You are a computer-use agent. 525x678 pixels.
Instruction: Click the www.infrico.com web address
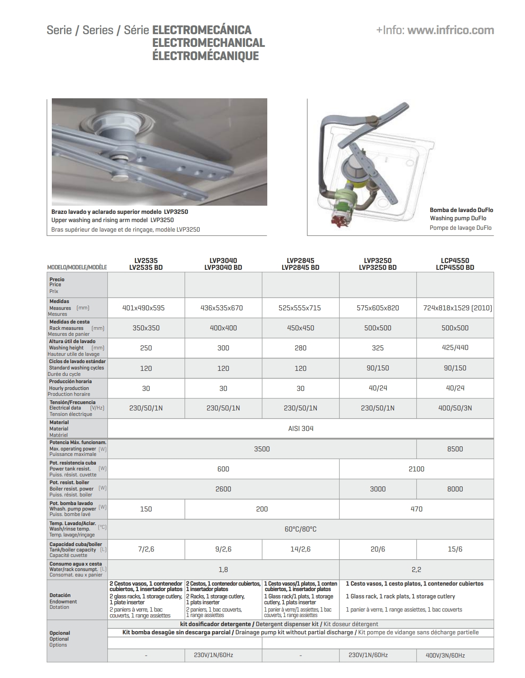tap(450, 30)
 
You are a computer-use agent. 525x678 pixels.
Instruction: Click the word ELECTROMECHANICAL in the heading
tap(209, 43)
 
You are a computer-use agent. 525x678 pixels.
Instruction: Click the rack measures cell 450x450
tap(300, 328)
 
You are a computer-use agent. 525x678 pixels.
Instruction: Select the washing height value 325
tap(378, 348)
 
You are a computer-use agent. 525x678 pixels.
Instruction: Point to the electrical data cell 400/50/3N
tap(455, 408)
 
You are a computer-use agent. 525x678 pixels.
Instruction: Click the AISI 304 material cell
tap(300, 428)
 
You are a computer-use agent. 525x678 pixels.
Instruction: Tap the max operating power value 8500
tap(455, 449)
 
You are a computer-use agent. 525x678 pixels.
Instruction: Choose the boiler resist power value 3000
tap(378, 489)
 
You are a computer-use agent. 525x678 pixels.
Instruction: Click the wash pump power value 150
tap(146, 509)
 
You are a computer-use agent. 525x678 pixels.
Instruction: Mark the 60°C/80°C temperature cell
tap(300, 529)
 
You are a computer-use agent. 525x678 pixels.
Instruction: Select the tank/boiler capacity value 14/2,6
tap(300, 549)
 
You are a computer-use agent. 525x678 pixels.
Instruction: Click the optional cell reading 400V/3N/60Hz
tap(445, 655)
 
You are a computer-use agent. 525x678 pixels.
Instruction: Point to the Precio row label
tap(57, 279)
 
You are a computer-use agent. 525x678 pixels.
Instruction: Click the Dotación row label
tap(60, 595)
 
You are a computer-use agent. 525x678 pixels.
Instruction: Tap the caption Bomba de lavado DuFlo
tap(461, 210)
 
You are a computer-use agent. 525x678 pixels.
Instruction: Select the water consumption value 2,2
tap(416, 570)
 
